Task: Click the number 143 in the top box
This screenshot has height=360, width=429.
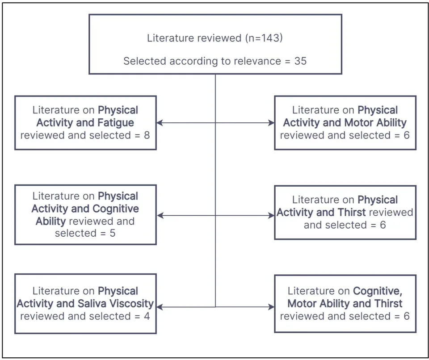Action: tap(269, 38)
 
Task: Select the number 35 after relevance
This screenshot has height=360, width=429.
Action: tap(300, 61)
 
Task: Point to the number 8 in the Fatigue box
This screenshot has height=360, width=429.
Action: tap(147, 135)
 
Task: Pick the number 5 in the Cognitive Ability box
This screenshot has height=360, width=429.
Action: tap(113, 233)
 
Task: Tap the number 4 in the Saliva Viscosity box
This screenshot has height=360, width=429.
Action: tap(147, 316)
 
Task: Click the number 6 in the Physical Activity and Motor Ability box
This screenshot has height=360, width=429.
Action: tap(406, 135)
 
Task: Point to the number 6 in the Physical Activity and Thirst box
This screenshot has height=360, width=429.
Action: tap(383, 225)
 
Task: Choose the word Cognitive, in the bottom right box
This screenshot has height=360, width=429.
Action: tap(378, 291)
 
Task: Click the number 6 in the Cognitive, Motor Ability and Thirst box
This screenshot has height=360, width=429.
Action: tap(406, 316)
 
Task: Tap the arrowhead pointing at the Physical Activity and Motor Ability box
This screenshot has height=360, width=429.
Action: tap(271, 123)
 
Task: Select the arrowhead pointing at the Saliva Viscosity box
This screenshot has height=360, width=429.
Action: tap(160, 307)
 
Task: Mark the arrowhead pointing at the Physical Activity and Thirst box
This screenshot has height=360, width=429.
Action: tap(271, 216)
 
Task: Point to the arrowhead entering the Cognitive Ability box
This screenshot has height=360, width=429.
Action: tap(160, 216)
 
